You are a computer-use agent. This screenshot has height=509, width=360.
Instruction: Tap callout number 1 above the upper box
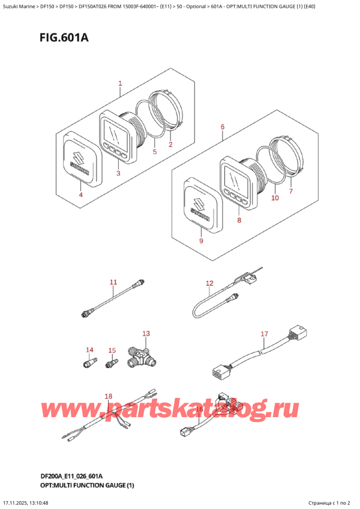coord(120,83)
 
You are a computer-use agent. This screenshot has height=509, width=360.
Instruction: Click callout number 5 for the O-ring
coord(154,152)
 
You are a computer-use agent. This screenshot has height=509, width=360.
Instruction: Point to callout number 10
coord(275,197)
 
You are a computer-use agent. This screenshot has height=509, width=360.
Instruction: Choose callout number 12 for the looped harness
coord(209,283)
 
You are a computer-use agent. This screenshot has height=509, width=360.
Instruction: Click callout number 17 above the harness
coord(263,334)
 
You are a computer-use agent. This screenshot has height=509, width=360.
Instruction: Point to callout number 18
coord(108,396)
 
